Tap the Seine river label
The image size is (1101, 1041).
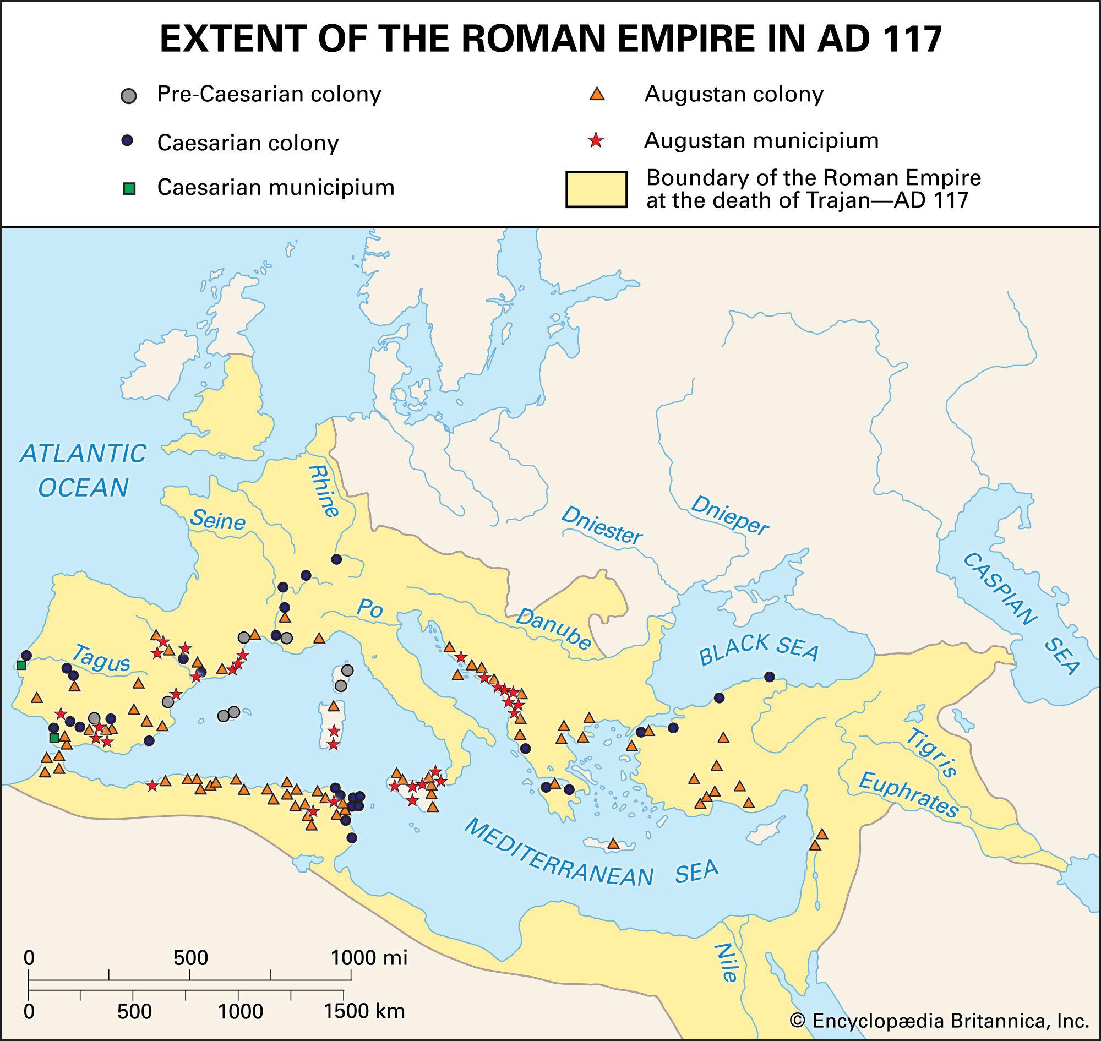[x=217, y=521]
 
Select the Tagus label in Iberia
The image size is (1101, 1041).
[x=101, y=658]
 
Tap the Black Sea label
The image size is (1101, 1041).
[x=758, y=648]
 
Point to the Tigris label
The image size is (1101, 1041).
[x=932, y=754]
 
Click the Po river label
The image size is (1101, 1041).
[x=369, y=609]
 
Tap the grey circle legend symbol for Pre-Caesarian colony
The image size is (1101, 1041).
[x=128, y=95]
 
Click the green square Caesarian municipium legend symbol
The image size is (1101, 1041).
[x=129, y=189]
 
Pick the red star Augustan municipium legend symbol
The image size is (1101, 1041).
[x=596, y=140]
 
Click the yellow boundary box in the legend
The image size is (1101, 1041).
[x=596, y=189]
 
